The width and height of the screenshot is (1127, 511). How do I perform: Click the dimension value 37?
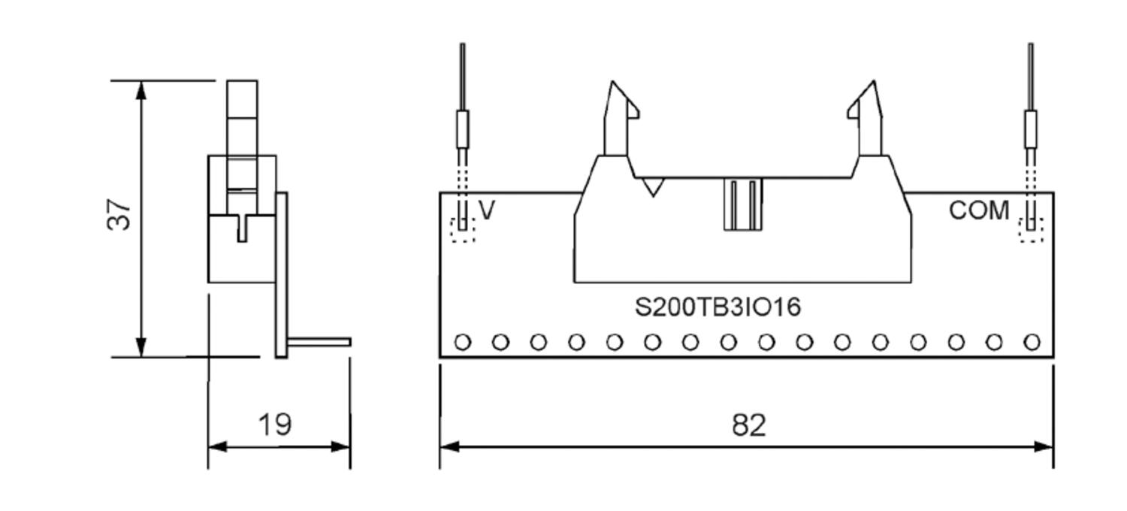click(120, 213)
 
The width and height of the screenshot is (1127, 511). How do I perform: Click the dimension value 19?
click(275, 425)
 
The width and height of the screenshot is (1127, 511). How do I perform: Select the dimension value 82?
click(748, 425)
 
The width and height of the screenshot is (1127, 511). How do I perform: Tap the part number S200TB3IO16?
click(718, 307)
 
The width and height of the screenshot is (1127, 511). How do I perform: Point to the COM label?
click(979, 211)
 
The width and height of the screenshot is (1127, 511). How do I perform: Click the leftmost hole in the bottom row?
click(463, 343)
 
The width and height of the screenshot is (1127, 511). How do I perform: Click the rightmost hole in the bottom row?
click(1032, 343)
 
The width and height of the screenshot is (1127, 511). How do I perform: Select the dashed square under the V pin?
click(463, 229)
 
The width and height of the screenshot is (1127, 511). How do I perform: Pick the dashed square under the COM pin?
click(1032, 229)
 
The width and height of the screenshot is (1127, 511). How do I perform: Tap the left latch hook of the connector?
click(621, 105)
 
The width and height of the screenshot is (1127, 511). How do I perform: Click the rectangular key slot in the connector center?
click(743, 204)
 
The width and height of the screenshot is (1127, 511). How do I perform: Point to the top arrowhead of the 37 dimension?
click(141, 90)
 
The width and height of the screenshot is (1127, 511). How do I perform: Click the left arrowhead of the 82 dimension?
click(449, 446)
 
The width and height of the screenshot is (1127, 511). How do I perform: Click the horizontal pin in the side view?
click(319, 343)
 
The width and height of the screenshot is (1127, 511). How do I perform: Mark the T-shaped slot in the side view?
click(242, 225)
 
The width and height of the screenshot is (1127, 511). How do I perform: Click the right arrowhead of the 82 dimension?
click(1044, 446)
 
